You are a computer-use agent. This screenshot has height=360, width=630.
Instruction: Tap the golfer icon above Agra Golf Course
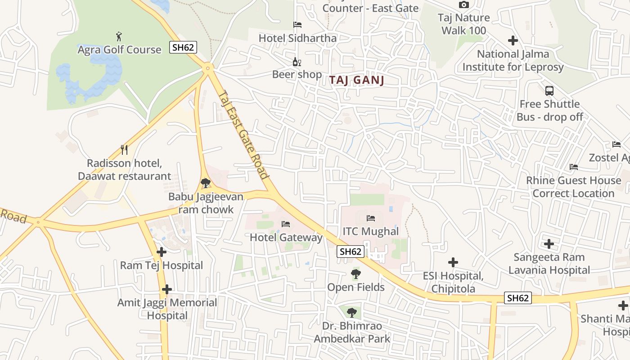coord(119,36)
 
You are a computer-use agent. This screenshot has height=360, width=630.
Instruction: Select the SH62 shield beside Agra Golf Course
coord(183,47)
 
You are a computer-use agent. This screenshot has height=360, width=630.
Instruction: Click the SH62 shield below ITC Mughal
coord(351,252)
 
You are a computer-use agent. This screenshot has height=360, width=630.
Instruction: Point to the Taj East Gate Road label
coord(243,134)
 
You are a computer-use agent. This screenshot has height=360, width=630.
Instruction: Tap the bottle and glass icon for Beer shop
coord(297,62)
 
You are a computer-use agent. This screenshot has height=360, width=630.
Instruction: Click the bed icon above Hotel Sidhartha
coord(297,25)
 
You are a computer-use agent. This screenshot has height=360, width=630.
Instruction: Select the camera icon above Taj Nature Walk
coord(463,5)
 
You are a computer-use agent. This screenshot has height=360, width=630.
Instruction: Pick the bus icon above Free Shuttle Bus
coord(549,90)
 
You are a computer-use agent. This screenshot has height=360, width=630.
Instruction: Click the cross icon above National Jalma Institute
coord(513,40)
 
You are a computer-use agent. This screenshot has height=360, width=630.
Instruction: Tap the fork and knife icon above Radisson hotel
coord(125,149)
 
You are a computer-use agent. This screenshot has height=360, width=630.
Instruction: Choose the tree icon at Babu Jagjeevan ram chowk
coord(206,183)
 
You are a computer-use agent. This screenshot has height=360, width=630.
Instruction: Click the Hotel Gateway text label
coord(286,237)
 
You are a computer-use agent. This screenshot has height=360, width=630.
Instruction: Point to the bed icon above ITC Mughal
coord(370,218)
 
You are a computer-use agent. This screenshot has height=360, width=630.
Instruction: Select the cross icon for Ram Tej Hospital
coord(161,252)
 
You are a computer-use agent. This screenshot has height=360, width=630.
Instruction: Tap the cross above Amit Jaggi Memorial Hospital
coord(167,289)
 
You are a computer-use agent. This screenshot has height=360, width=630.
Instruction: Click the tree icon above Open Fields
coord(355,274)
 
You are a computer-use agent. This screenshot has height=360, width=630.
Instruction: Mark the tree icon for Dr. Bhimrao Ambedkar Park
coord(352,312)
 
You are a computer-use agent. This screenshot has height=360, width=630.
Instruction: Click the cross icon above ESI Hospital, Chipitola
coord(453,262)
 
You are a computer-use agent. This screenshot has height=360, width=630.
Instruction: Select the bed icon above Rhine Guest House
coord(573,167)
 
